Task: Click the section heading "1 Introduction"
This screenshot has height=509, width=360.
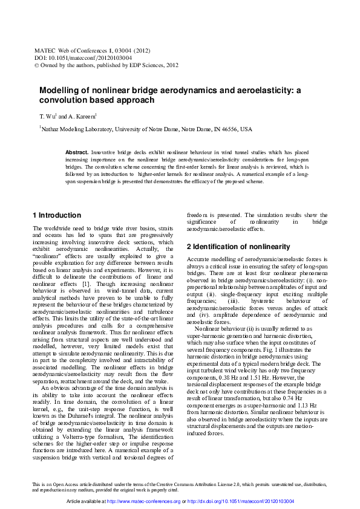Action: click(56, 215)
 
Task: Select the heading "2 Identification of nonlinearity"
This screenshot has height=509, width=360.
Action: click(230, 247)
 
